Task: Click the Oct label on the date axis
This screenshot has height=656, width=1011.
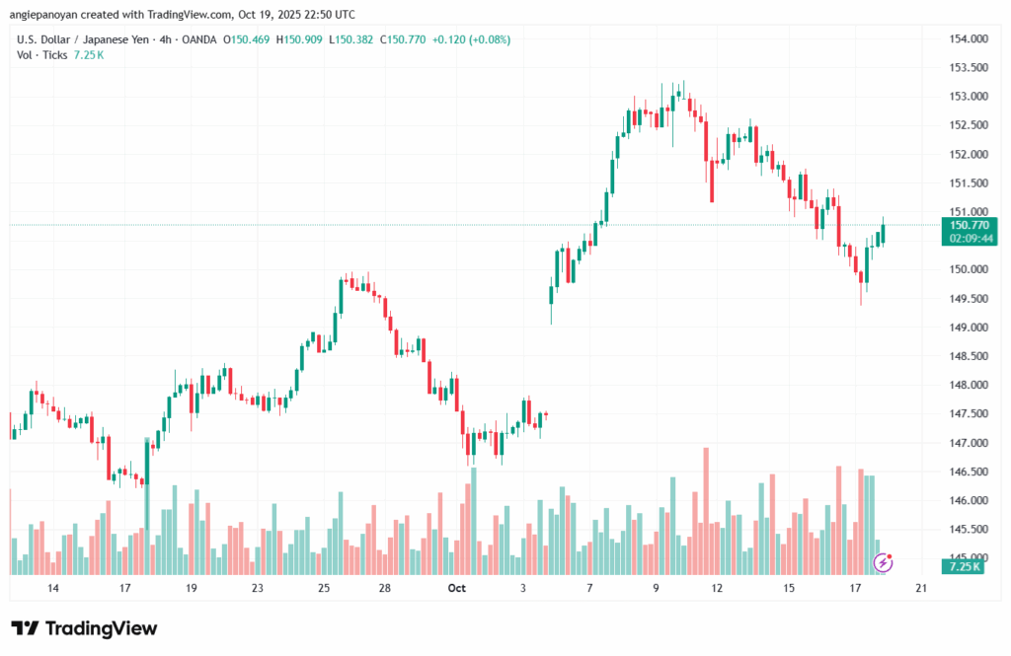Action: pos(456,588)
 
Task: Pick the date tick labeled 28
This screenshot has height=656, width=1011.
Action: pos(385,588)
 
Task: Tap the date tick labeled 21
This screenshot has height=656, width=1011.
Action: pos(921,588)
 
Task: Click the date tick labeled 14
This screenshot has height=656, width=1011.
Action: pos(52,588)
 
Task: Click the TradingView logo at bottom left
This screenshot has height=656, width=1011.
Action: pos(84,628)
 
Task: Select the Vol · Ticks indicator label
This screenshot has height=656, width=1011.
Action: pos(42,55)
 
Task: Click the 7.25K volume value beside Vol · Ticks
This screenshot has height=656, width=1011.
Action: pos(89,55)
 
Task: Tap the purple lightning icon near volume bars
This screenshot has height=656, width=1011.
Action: pos(884,562)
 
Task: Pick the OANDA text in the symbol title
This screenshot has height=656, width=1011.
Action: pos(197,39)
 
